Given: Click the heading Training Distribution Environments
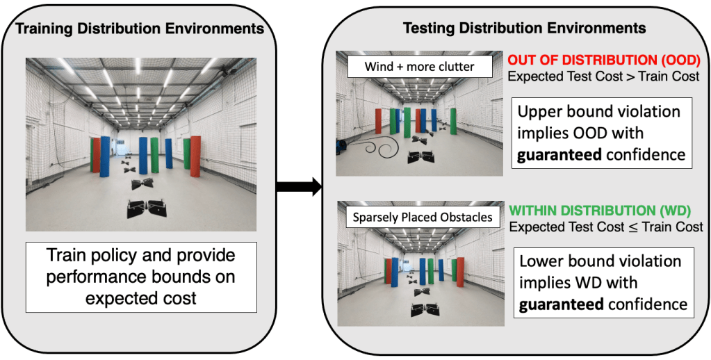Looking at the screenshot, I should pyautogui.click(x=140, y=29).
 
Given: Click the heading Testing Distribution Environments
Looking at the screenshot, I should pyautogui.click(x=525, y=28).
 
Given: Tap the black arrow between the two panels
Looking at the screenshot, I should pyautogui.click(x=298, y=186).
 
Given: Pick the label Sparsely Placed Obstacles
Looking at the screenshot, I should pyautogui.click(x=422, y=217).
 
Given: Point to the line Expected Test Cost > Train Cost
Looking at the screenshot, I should pyautogui.click(x=603, y=76).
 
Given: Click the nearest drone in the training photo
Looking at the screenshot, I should pyautogui.click(x=147, y=206).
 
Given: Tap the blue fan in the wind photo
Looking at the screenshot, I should pyautogui.click(x=341, y=146).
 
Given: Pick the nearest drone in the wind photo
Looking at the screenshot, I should pyautogui.click(x=420, y=158).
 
